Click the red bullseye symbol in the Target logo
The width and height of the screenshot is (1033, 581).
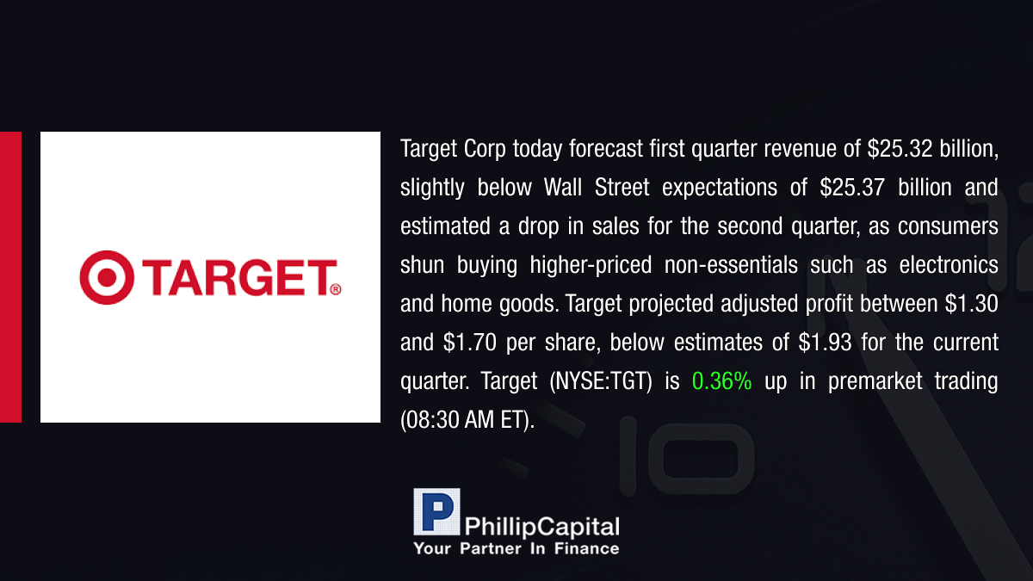click(x=107, y=277)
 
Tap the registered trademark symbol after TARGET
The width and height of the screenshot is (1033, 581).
click(x=336, y=289)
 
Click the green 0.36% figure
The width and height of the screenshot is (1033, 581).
click(x=721, y=381)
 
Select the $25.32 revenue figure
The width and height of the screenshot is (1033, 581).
click(x=900, y=149)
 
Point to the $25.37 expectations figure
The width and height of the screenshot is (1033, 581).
click(x=852, y=188)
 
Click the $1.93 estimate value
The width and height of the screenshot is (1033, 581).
click(x=825, y=343)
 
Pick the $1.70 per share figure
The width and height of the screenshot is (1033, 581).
click(x=469, y=343)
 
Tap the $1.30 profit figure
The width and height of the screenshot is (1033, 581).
click(x=971, y=304)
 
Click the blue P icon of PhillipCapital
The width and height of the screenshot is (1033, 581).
click(x=436, y=512)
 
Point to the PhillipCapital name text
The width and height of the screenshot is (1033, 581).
click(x=541, y=527)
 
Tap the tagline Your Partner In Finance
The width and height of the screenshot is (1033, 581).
click(x=516, y=549)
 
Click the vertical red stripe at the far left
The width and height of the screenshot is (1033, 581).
click(x=10, y=277)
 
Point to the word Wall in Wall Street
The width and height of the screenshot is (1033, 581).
click(x=563, y=188)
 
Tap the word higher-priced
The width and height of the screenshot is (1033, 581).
click(x=591, y=266)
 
